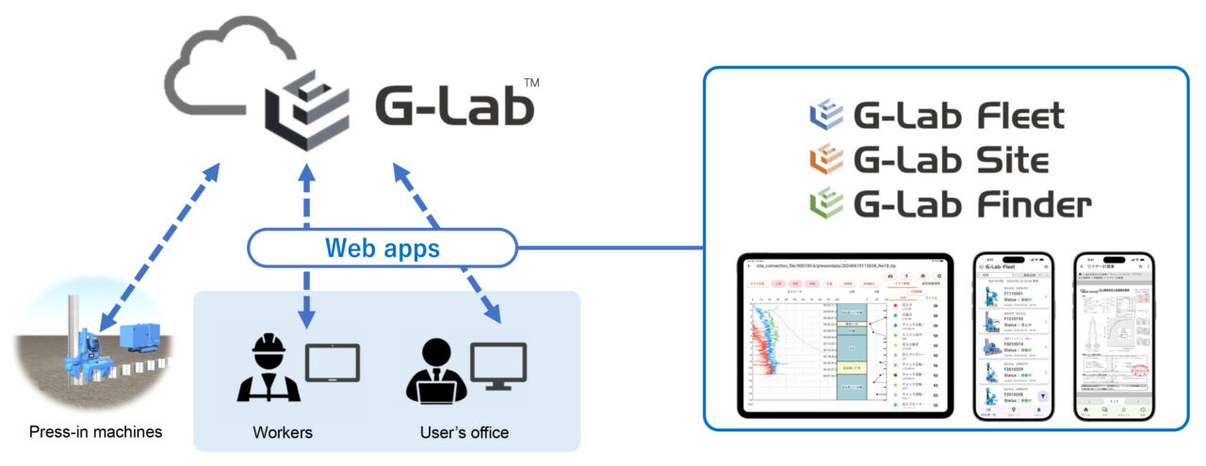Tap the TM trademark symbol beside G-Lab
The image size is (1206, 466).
coord(530,85)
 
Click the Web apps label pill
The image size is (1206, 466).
coord(383,249)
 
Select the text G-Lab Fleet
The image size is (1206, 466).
coord(958,117)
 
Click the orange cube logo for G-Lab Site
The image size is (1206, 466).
coord(826,159)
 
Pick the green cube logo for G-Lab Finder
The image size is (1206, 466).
coord(826,202)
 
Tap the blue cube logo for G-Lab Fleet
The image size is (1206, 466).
coord(826,116)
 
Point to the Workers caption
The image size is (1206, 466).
coord(283,433)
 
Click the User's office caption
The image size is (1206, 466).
coord(464,433)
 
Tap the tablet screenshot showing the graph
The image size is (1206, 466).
coord(847,336)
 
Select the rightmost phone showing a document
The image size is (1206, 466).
coord(1116,336)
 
